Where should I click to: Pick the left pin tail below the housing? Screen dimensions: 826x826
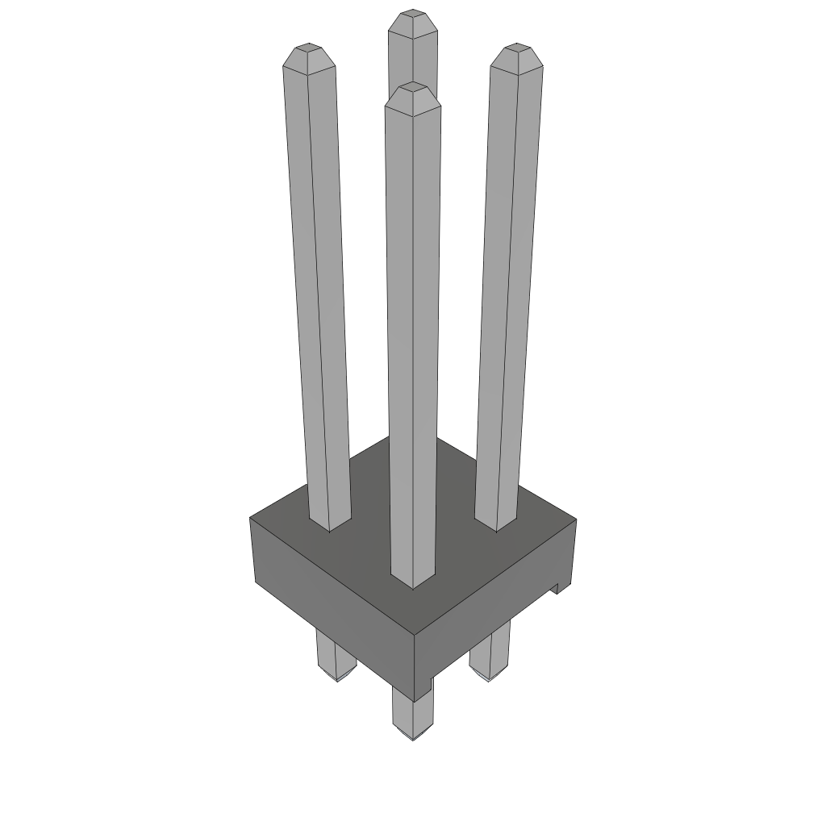pyautogui.click(x=335, y=657)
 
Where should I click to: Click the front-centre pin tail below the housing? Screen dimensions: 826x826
pyautogui.click(x=411, y=714)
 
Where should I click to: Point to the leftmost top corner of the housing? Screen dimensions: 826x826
pyautogui.click(x=250, y=518)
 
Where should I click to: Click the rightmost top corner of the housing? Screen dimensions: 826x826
pyautogui.click(x=576, y=519)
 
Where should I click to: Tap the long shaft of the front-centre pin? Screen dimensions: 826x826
pyautogui.click(x=413, y=339)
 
